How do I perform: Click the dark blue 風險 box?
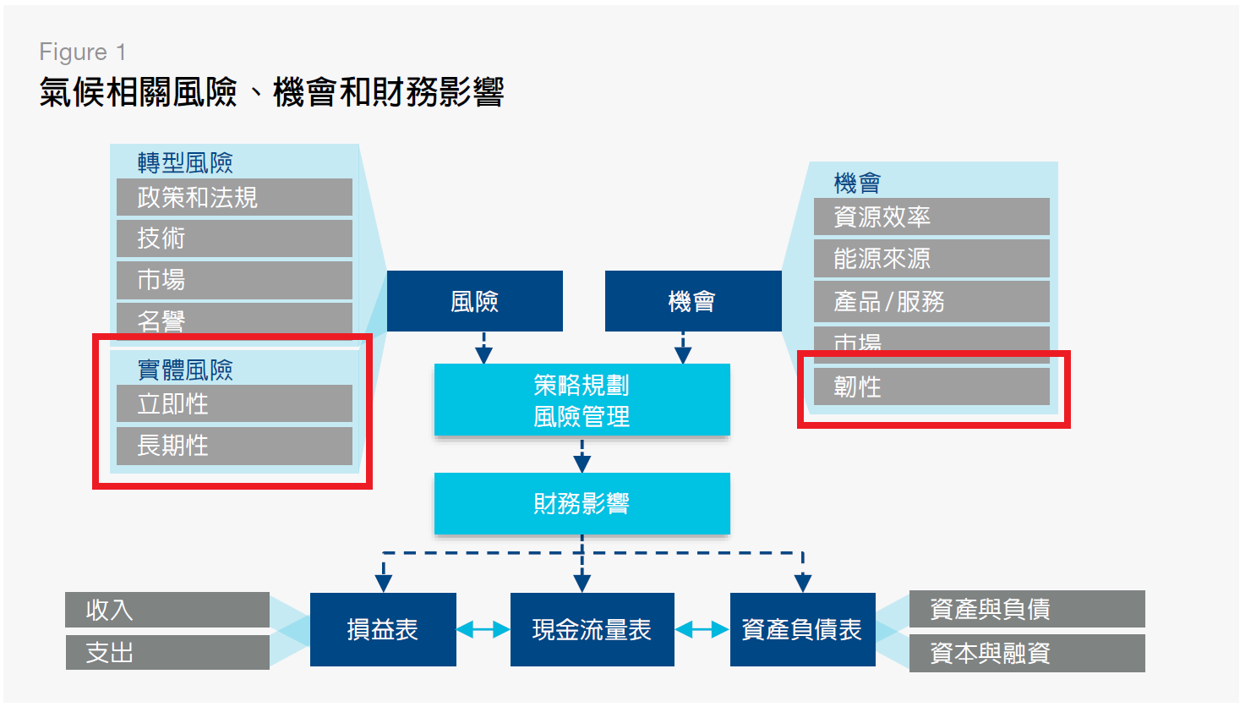pyautogui.click(x=474, y=301)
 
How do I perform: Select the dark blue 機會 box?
pyautogui.click(x=692, y=301)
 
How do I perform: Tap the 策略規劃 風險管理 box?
pyautogui.click(x=582, y=400)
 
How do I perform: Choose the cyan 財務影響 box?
pyautogui.click(x=582, y=503)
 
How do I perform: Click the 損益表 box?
pyautogui.click(x=383, y=629)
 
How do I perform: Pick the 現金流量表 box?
pyautogui.click(x=592, y=629)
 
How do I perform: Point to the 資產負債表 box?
pyautogui.click(x=801, y=629)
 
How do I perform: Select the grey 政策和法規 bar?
pyautogui.click(x=234, y=197)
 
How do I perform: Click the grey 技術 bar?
pyautogui.click(x=234, y=238)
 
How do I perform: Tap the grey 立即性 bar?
pyautogui.click(x=234, y=403)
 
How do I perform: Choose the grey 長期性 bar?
pyautogui.click(x=234, y=445)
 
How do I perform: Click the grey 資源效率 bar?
pyautogui.click(x=931, y=216)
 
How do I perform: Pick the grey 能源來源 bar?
pyautogui.click(x=931, y=258)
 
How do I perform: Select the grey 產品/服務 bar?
pyautogui.click(x=931, y=301)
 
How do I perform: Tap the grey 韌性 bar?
pyautogui.click(x=931, y=386)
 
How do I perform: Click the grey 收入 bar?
pyautogui.click(x=167, y=610)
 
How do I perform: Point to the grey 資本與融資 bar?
pyautogui.click(x=1027, y=653)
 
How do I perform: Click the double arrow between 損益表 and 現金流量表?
pyautogui.click(x=483, y=629)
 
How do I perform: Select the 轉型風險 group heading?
pyautogui.click(x=185, y=162)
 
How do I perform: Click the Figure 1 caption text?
pyautogui.click(x=83, y=52)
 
